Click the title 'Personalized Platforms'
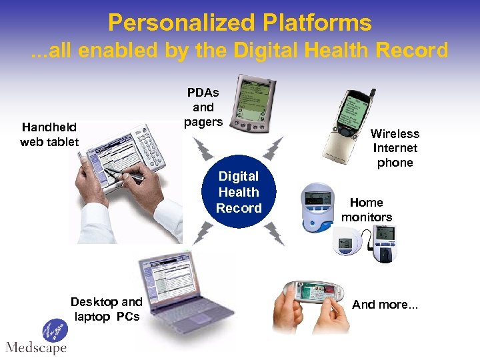239,23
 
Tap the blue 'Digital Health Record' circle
239,192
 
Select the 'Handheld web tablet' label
49,134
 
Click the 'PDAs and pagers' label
203,107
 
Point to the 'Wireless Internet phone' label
395,148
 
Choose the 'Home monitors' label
367,209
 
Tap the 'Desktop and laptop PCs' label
107,309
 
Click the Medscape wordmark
36,347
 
